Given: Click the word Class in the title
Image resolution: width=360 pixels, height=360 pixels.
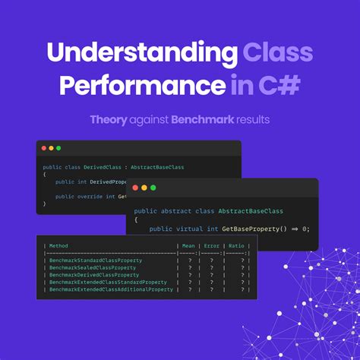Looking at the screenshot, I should click(x=278, y=53).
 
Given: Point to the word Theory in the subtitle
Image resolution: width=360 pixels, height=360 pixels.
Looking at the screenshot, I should click(x=108, y=120).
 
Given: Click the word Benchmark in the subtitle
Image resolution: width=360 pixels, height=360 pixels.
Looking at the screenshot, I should click(x=197, y=120).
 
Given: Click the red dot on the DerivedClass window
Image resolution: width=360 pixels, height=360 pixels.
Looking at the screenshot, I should click(x=44, y=148).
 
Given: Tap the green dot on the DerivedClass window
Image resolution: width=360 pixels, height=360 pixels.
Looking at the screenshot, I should click(x=58, y=148).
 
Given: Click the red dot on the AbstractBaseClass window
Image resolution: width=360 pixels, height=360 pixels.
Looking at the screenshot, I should click(x=134, y=188).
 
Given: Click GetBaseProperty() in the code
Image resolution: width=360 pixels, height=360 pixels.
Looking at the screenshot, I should click(x=252, y=228).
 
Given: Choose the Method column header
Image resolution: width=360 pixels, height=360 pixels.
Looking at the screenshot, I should click(x=58, y=245).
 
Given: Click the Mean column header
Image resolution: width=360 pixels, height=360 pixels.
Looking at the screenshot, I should click(x=188, y=245).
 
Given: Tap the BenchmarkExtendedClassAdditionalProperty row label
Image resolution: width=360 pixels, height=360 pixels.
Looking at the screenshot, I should click(x=111, y=289).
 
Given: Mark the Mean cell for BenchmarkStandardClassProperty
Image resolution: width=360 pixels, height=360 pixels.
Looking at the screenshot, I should click(x=189, y=261).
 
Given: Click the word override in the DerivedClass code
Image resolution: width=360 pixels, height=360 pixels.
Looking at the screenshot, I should click(x=89, y=196).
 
